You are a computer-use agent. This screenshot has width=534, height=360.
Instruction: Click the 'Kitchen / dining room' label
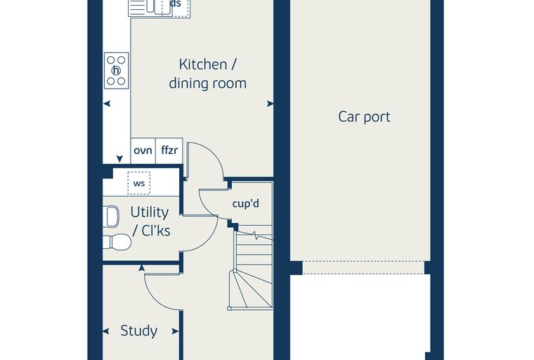(208, 74)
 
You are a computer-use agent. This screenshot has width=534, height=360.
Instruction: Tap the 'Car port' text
(364, 117)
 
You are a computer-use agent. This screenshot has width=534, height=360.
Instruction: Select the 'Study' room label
(139, 330)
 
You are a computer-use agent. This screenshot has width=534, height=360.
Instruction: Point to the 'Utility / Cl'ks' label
(150, 221)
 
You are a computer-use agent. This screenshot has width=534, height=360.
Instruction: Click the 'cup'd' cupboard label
(245, 203)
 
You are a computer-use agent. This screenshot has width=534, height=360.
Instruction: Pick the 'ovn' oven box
(143, 150)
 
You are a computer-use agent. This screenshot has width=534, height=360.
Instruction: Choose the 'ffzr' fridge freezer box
(169, 150)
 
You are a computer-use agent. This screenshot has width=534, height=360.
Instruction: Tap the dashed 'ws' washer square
(139, 183)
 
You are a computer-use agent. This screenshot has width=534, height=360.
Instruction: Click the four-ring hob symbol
(116, 70)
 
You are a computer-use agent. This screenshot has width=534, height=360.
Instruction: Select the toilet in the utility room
(117, 242)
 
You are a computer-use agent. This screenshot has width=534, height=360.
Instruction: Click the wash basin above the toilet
(111, 216)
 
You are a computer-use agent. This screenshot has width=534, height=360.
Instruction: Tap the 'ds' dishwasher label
(175, 4)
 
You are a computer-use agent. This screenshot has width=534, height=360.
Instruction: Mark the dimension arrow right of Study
(175, 331)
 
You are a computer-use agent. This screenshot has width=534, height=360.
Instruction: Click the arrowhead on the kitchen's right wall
(270, 103)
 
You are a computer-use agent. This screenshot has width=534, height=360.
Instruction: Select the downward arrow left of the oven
(119, 159)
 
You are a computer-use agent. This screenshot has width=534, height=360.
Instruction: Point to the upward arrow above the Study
(142, 268)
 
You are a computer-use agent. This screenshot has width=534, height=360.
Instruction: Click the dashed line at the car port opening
(364, 262)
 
